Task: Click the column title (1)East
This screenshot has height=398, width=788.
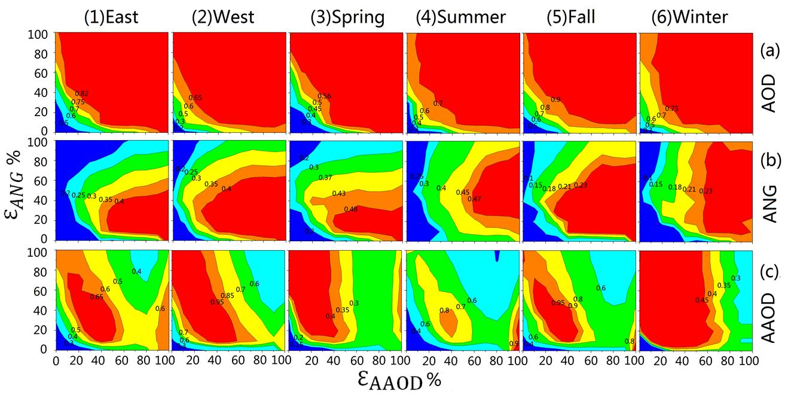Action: (x=111, y=17)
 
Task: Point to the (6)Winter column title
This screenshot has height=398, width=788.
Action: (x=689, y=17)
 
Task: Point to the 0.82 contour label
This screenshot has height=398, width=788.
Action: (x=82, y=93)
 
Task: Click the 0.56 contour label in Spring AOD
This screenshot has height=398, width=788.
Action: (x=325, y=96)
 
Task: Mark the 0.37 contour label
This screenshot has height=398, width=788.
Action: (x=325, y=178)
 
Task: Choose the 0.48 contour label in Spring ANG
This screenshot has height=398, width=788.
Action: (x=351, y=209)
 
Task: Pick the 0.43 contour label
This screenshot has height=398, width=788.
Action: (x=339, y=194)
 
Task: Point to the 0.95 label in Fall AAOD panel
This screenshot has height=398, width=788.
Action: (x=557, y=303)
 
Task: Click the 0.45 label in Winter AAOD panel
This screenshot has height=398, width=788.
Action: (x=702, y=300)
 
